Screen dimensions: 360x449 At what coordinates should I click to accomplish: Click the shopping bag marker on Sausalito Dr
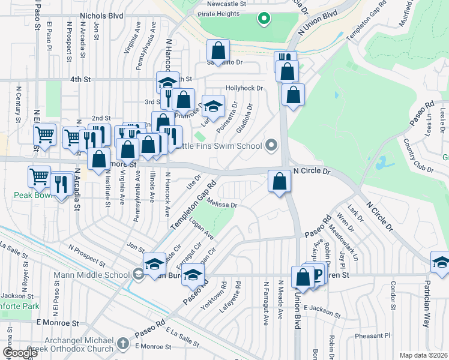pos(218,50)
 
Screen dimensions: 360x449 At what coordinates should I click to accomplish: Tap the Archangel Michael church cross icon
pos(122,344)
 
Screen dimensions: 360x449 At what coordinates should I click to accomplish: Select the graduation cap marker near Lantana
pos(212,107)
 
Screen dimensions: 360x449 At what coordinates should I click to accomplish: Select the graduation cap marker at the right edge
pos(441,262)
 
